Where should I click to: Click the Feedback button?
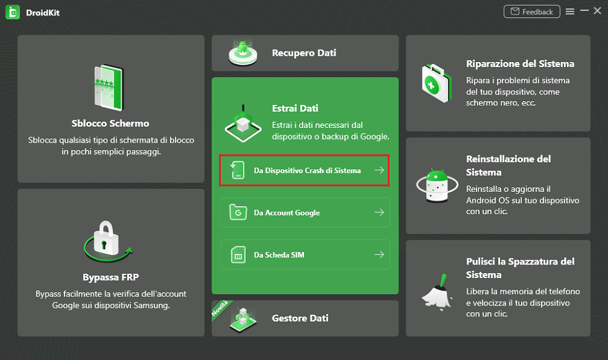click(532, 12)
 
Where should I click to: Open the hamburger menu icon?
click(570, 12)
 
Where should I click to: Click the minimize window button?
click(584, 11)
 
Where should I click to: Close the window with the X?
click(597, 11)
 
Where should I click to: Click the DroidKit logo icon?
click(13, 12)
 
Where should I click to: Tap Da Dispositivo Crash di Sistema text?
click(307, 170)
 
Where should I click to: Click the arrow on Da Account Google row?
click(379, 212)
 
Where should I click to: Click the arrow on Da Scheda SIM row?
click(379, 254)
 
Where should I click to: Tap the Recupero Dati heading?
click(304, 53)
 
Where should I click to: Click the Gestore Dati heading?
click(300, 318)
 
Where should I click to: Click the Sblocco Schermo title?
click(110, 124)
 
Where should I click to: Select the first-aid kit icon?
click(437, 83)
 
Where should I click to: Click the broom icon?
click(437, 292)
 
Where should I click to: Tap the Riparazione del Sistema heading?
click(520, 63)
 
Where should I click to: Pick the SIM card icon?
click(238, 255)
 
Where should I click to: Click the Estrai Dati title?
click(295, 108)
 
